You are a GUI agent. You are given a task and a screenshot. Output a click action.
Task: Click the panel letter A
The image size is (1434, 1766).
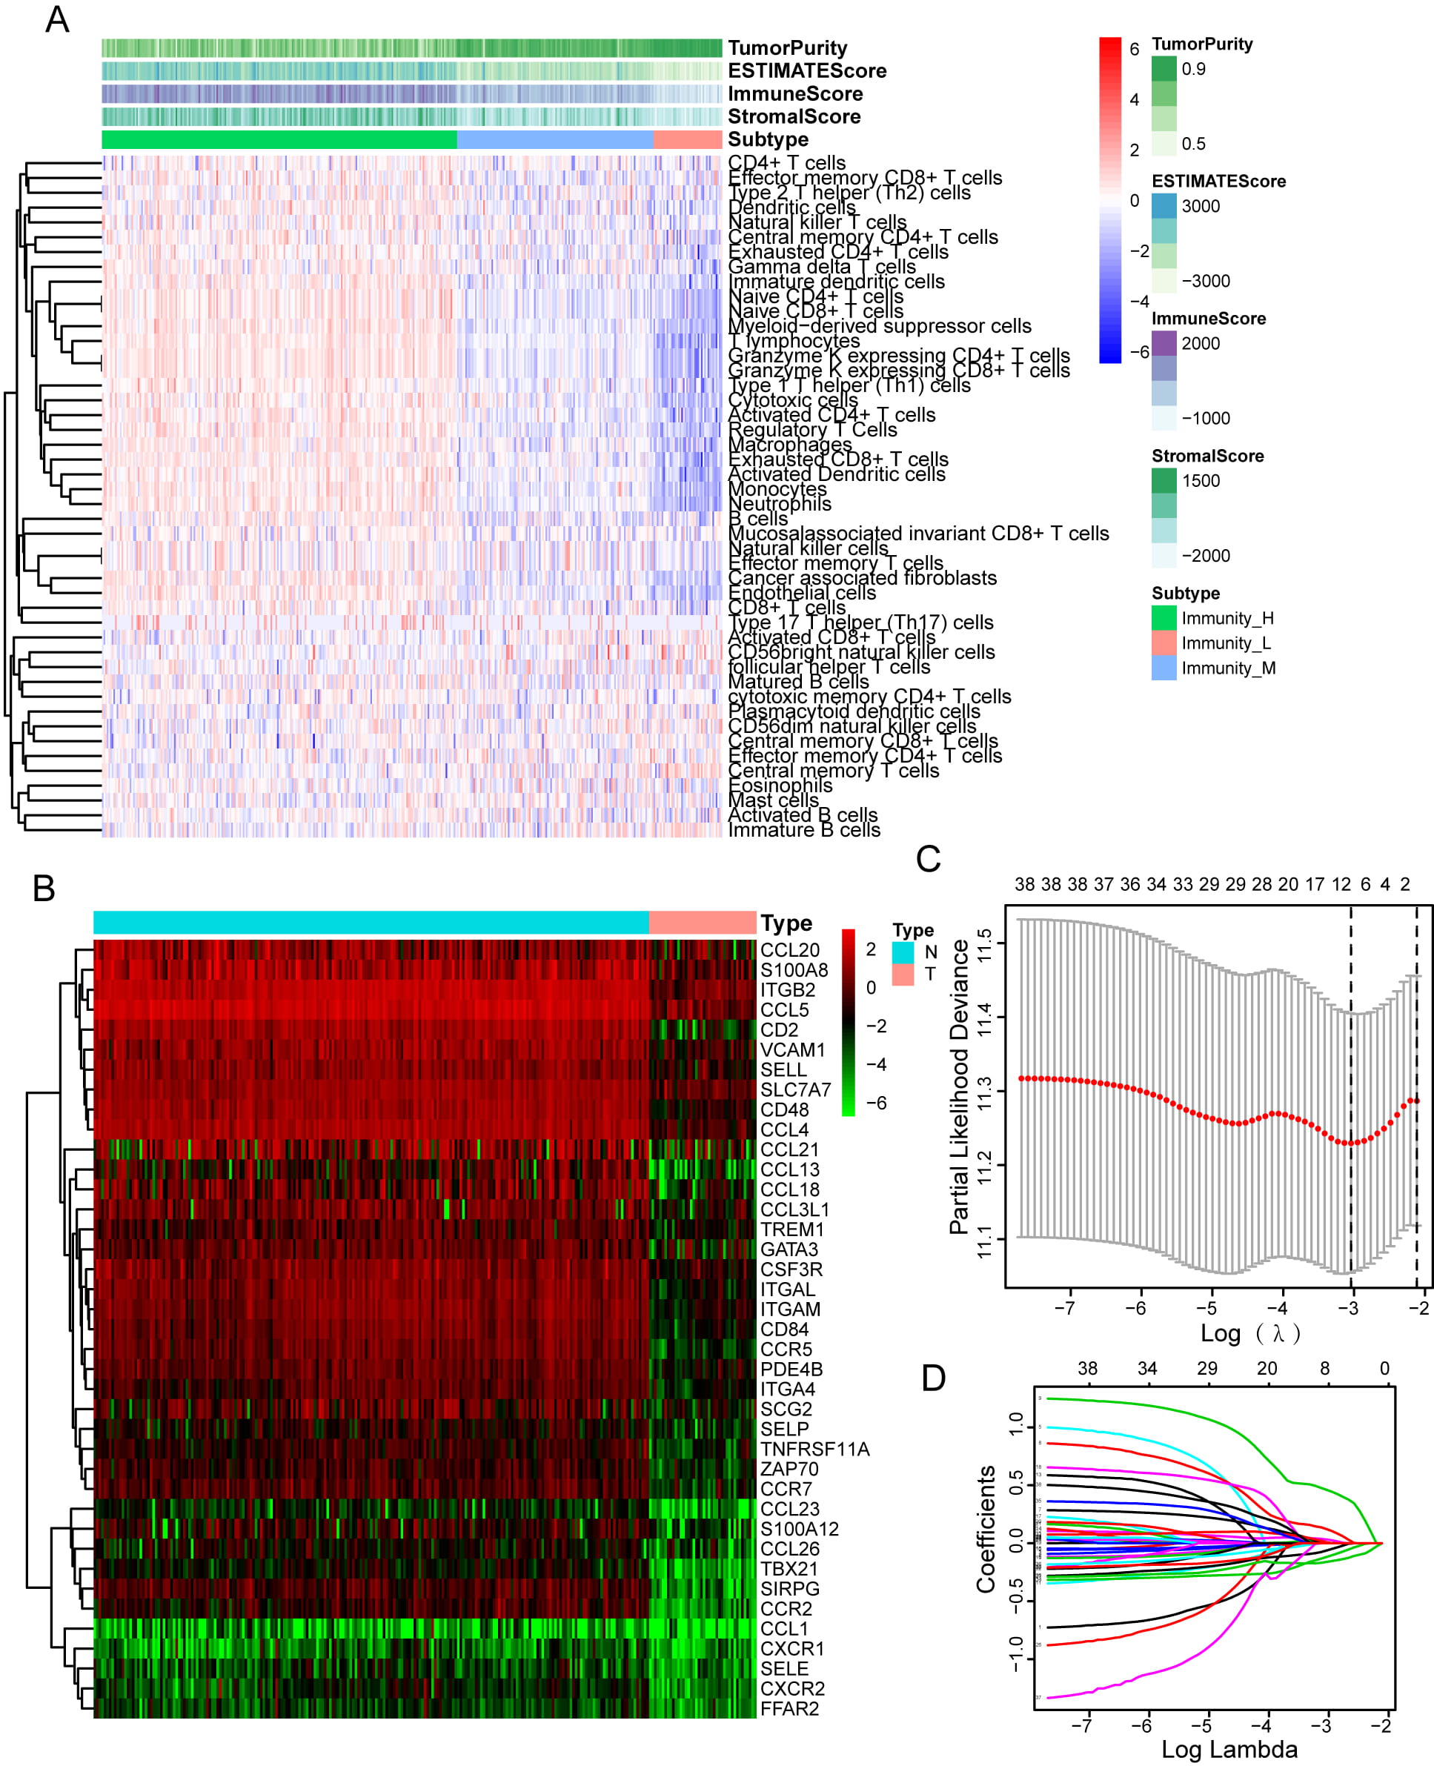pyautogui.click(x=57, y=20)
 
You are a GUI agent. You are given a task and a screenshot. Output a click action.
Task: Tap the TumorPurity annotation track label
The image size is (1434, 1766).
pyautogui.click(x=786, y=48)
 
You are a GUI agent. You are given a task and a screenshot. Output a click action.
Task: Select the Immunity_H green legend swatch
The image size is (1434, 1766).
pyautogui.click(x=1163, y=618)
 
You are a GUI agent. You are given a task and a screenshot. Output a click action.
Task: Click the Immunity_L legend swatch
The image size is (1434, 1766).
pyautogui.click(x=1163, y=643)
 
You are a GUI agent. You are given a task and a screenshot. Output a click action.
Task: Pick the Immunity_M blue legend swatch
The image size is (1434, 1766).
pyautogui.click(x=1163, y=668)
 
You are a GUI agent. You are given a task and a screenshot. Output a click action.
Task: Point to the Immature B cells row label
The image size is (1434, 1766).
pyautogui.click(x=804, y=830)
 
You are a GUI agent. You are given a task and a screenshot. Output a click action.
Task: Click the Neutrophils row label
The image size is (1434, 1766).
pyautogui.click(x=779, y=504)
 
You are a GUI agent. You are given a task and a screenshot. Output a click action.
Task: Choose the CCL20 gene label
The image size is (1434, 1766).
pyautogui.click(x=790, y=950)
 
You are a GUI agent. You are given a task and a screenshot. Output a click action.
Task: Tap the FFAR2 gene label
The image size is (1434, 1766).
pyautogui.click(x=789, y=1708)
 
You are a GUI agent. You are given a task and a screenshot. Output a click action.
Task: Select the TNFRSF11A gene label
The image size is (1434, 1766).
pyautogui.click(x=814, y=1449)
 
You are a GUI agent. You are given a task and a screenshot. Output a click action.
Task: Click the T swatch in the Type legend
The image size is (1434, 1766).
pyautogui.click(x=903, y=975)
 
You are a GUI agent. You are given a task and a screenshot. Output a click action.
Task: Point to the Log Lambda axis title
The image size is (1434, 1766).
pyautogui.click(x=1229, y=1749)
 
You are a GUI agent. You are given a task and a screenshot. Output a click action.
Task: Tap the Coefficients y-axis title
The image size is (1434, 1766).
pyautogui.click(x=986, y=1529)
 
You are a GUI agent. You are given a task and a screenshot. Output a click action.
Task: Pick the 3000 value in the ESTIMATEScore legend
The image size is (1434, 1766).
pyautogui.click(x=1201, y=207)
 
